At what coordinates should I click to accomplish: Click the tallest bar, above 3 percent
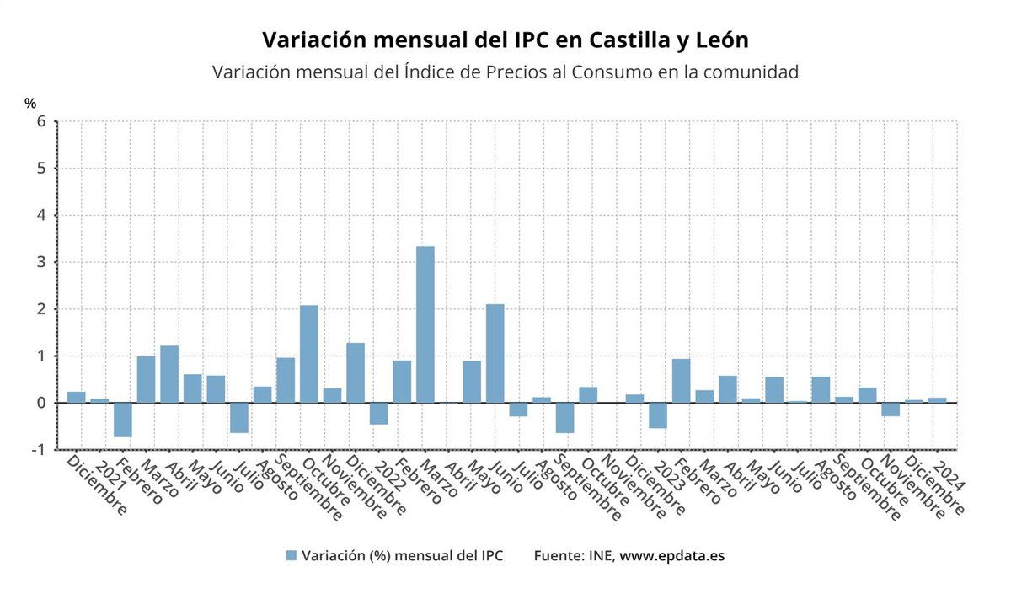click(x=425, y=324)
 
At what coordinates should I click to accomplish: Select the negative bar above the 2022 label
click(x=379, y=413)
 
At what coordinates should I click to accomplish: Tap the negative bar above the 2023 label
click(x=658, y=415)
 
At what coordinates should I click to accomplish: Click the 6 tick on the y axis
click(x=40, y=121)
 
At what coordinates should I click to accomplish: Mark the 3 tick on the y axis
click(x=40, y=262)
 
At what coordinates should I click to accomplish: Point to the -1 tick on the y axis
click(x=37, y=450)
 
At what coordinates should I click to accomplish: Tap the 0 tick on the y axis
click(x=40, y=403)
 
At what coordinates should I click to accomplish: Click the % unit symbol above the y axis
click(x=30, y=103)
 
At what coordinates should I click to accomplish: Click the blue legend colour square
click(x=292, y=556)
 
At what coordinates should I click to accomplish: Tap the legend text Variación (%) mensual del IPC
click(x=403, y=556)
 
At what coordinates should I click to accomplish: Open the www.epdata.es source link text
click(x=672, y=556)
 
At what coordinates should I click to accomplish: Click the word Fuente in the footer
click(x=557, y=556)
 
